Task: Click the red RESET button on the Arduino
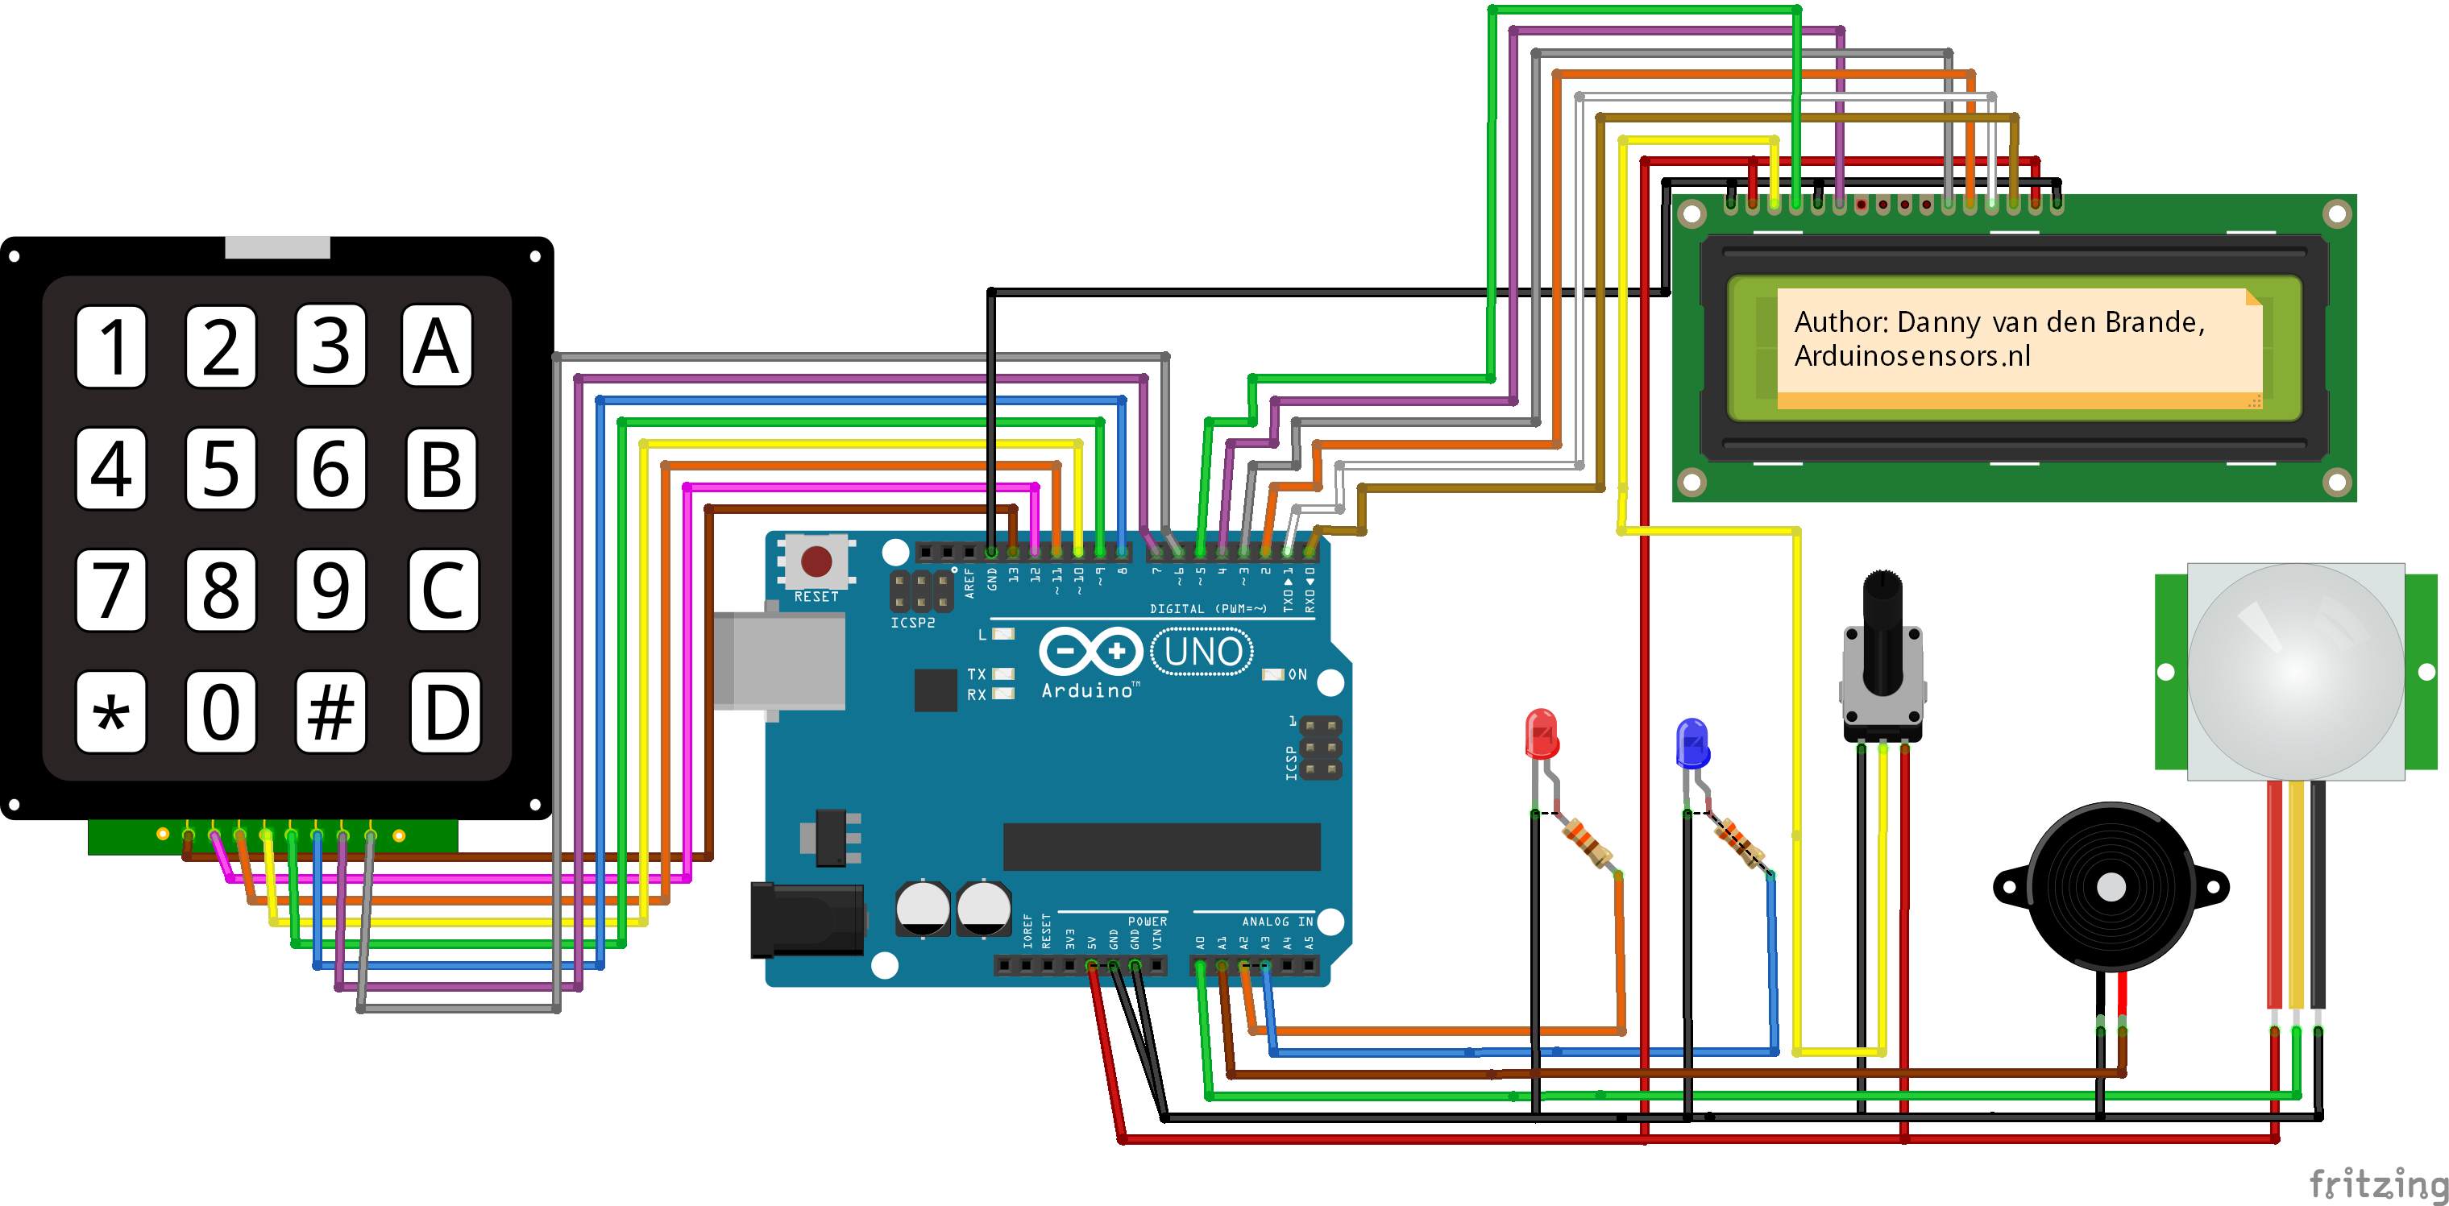pos(816,561)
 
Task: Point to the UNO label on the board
pos(1202,653)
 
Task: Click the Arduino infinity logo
pos(1090,652)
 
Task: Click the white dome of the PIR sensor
pos(2295,671)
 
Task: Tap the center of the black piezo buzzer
pos(2111,887)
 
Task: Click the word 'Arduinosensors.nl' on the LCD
pos(1911,356)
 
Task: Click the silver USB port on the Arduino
pos(779,661)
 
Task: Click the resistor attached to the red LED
pos(1588,842)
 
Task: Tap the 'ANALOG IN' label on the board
pos(1276,921)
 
